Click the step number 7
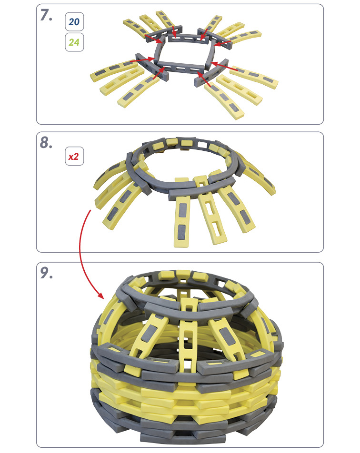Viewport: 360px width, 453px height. [x=46, y=15]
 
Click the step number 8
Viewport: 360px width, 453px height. [x=46, y=142]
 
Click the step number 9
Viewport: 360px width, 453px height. [x=46, y=273]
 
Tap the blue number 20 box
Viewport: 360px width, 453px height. [x=74, y=22]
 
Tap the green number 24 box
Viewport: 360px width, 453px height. [x=74, y=42]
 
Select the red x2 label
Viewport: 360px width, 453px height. [x=74, y=156]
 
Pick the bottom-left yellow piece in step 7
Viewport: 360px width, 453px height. [x=138, y=91]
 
